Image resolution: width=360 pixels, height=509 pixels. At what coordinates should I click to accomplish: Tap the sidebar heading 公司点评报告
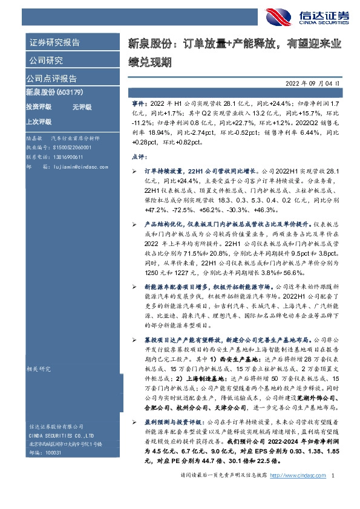51,79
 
